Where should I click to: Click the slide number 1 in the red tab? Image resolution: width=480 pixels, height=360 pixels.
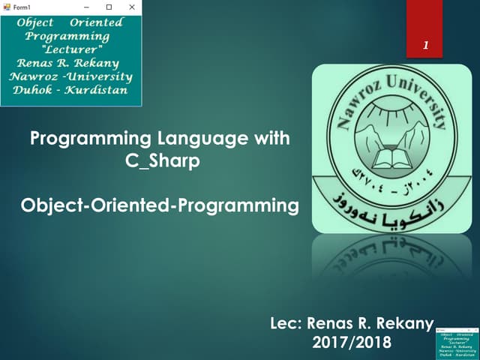click(x=425, y=46)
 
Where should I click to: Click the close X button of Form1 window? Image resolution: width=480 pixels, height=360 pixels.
click(x=131, y=7)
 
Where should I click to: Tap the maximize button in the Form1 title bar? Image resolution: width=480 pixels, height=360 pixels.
click(x=109, y=7)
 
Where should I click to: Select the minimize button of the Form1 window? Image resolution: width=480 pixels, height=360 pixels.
click(x=86, y=7)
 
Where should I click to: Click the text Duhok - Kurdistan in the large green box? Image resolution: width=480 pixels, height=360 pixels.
click(x=70, y=90)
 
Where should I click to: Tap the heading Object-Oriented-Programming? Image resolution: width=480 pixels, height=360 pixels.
click(x=155, y=205)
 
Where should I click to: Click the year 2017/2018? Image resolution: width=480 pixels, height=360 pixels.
click(x=351, y=343)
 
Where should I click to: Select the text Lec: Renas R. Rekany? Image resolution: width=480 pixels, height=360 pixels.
click(x=352, y=324)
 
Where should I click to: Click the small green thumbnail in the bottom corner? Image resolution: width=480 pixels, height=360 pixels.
click(x=457, y=342)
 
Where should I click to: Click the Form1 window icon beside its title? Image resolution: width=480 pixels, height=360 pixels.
click(x=7, y=7)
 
